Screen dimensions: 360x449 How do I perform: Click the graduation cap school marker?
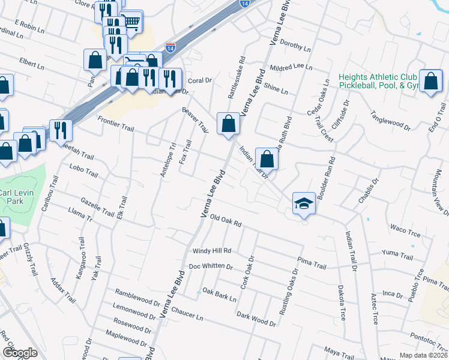point(304,204)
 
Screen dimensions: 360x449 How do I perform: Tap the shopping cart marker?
point(132,22)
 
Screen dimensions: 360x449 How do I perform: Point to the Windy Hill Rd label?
point(211,250)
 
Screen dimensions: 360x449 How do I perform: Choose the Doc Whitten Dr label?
point(210,266)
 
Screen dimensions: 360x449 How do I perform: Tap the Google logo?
point(20,352)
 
